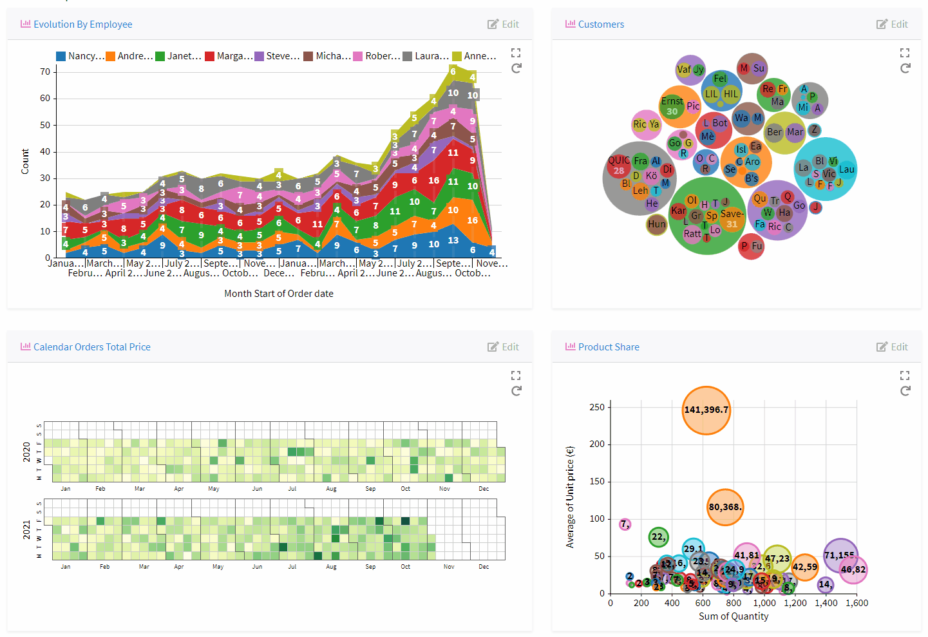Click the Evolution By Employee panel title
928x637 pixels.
click(x=82, y=24)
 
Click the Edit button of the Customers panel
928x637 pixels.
click(x=892, y=24)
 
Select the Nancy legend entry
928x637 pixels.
click(x=80, y=56)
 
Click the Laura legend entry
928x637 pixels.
click(x=426, y=56)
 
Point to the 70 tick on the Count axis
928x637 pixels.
click(x=45, y=71)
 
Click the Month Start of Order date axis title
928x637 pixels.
click(x=278, y=294)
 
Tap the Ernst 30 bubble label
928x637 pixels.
click(x=672, y=106)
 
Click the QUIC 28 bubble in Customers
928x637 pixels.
click(x=619, y=166)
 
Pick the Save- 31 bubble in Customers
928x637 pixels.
click(x=732, y=219)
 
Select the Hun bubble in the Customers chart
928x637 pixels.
click(x=657, y=224)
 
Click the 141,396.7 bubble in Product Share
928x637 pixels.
click(x=706, y=410)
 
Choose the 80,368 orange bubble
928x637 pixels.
click(x=725, y=508)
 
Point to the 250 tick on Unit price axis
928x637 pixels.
click(x=597, y=407)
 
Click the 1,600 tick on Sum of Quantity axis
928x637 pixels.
click(x=857, y=604)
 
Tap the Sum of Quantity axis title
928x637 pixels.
click(x=734, y=616)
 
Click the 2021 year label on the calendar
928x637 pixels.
click(x=26, y=529)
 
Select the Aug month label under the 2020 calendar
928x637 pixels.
click(x=331, y=489)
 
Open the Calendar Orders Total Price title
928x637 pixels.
click(x=91, y=347)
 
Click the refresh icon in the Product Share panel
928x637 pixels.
click(x=905, y=391)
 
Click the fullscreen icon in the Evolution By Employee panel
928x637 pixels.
click(x=516, y=53)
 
